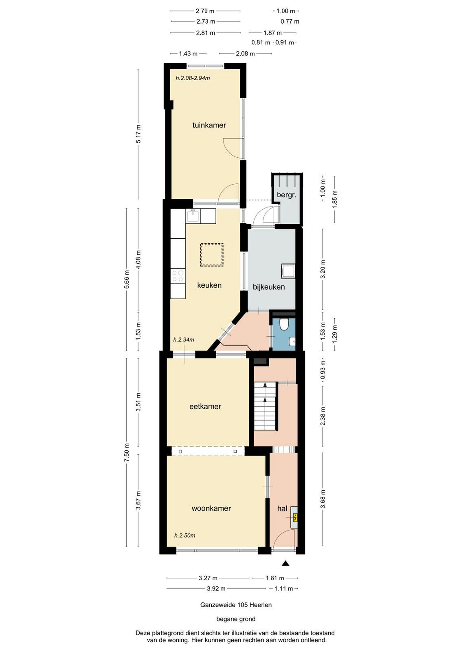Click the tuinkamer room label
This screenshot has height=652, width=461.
209,125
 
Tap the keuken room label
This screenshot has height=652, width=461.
209,285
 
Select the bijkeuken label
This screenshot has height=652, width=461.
269,287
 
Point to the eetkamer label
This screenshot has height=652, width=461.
205,406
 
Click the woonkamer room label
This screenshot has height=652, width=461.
211,508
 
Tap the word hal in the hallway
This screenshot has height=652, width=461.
282,508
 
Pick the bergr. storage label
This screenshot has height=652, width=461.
286,195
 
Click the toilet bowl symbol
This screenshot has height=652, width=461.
283,324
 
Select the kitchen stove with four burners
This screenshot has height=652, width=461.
178,276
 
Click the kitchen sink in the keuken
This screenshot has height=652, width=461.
193,216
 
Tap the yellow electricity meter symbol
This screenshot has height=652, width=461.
295,517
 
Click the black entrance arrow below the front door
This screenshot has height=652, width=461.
285,563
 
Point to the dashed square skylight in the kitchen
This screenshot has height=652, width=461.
211,255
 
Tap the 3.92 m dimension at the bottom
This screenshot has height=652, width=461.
216,588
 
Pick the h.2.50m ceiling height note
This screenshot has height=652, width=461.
184,535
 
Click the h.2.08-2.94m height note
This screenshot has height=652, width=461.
193,78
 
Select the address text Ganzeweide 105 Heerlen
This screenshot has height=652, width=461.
236,605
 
